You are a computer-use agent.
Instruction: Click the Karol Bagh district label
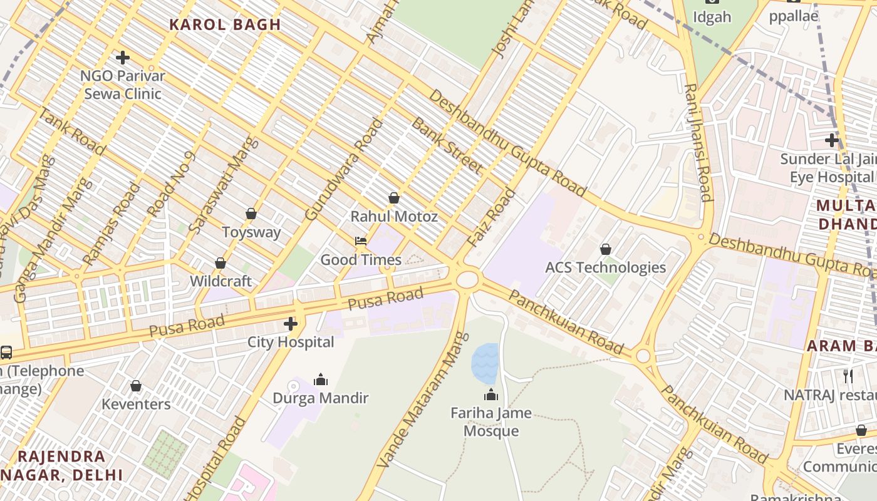[225, 25]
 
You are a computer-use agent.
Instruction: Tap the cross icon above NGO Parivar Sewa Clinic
[123, 58]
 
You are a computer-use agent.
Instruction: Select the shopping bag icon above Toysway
[251, 214]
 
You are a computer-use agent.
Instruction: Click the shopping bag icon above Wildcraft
[221, 263]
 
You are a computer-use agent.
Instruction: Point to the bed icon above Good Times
[361, 241]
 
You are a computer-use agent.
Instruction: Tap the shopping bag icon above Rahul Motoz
[394, 198]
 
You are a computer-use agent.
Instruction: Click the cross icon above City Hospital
[291, 324]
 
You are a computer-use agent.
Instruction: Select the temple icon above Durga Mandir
[321, 380]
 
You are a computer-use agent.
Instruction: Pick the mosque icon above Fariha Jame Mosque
[491, 395]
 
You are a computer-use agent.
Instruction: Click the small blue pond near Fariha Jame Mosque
[485, 363]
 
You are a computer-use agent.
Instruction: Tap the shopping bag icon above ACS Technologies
[606, 249]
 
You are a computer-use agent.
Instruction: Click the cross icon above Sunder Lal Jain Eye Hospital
[832, 140]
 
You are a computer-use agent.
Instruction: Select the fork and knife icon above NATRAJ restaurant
[848, 376]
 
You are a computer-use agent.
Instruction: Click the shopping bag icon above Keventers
[136, 386]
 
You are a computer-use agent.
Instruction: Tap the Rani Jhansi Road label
[698, 143]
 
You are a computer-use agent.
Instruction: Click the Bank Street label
[446, 145]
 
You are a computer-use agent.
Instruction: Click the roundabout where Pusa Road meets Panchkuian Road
[467, 279]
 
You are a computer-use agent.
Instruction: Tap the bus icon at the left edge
[6, 353]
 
